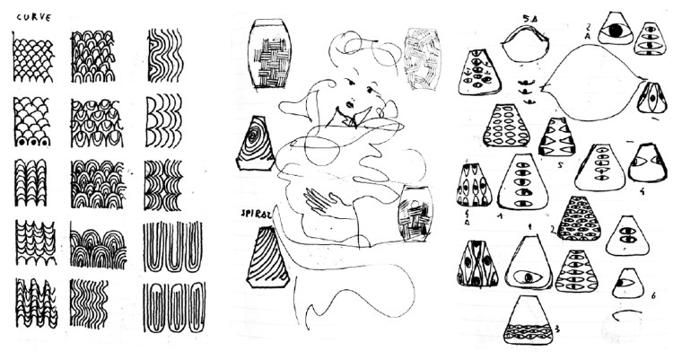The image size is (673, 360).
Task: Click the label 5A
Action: (x=524, y=16)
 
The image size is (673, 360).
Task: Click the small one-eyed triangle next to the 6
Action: (x=628, y=285)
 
